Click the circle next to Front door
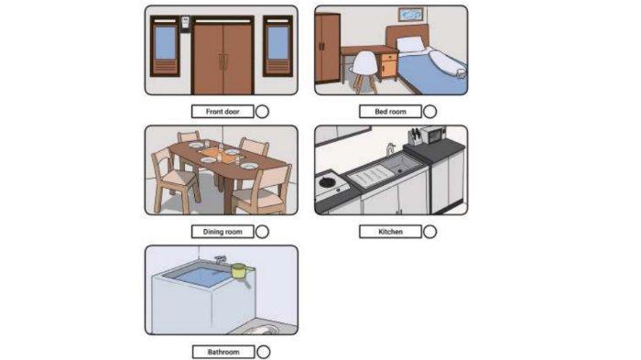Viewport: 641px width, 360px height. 262,112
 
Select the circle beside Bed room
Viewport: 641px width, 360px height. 429,112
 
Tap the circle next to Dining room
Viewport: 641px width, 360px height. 262,232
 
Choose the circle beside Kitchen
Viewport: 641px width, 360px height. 429,232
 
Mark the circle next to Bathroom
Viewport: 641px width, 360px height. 264,352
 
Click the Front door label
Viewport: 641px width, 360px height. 223,112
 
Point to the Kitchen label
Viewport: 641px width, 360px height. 390,232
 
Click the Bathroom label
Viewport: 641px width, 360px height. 223,352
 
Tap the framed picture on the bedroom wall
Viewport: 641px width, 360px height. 411,15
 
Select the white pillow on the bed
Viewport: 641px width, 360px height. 411,44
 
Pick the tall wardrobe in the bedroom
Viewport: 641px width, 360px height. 328,48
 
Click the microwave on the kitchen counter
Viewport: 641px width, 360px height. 433,135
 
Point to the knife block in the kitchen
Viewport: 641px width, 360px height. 415,137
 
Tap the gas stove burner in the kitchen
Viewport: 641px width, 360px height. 328,182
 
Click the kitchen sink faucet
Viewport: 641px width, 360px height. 390,149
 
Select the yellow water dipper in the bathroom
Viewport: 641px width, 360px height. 240,273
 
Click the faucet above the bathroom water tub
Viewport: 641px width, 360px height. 221,259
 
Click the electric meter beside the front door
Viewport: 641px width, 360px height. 185,24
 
